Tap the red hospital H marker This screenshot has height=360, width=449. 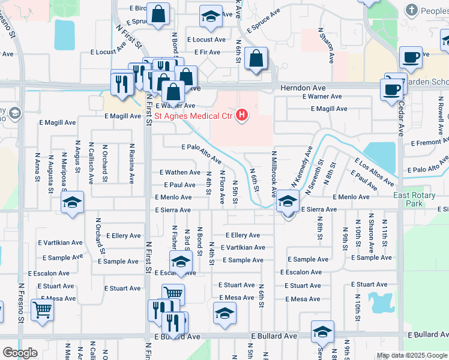[x=242, y=114]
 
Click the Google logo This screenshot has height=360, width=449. [x=20, y=352]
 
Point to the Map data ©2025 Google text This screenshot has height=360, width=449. [x=412, y=355]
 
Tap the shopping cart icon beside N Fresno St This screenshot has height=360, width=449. [x=43, y=310]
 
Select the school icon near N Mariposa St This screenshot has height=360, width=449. [x=72, y=203]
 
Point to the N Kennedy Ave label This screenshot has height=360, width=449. [x=303, y=167]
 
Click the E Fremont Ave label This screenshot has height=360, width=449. [x=430, y=143]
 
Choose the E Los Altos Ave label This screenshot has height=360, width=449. [x=373, y=172]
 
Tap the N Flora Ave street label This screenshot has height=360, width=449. [x=222, y=185]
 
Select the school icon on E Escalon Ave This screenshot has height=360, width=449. [x=180, y=262]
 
